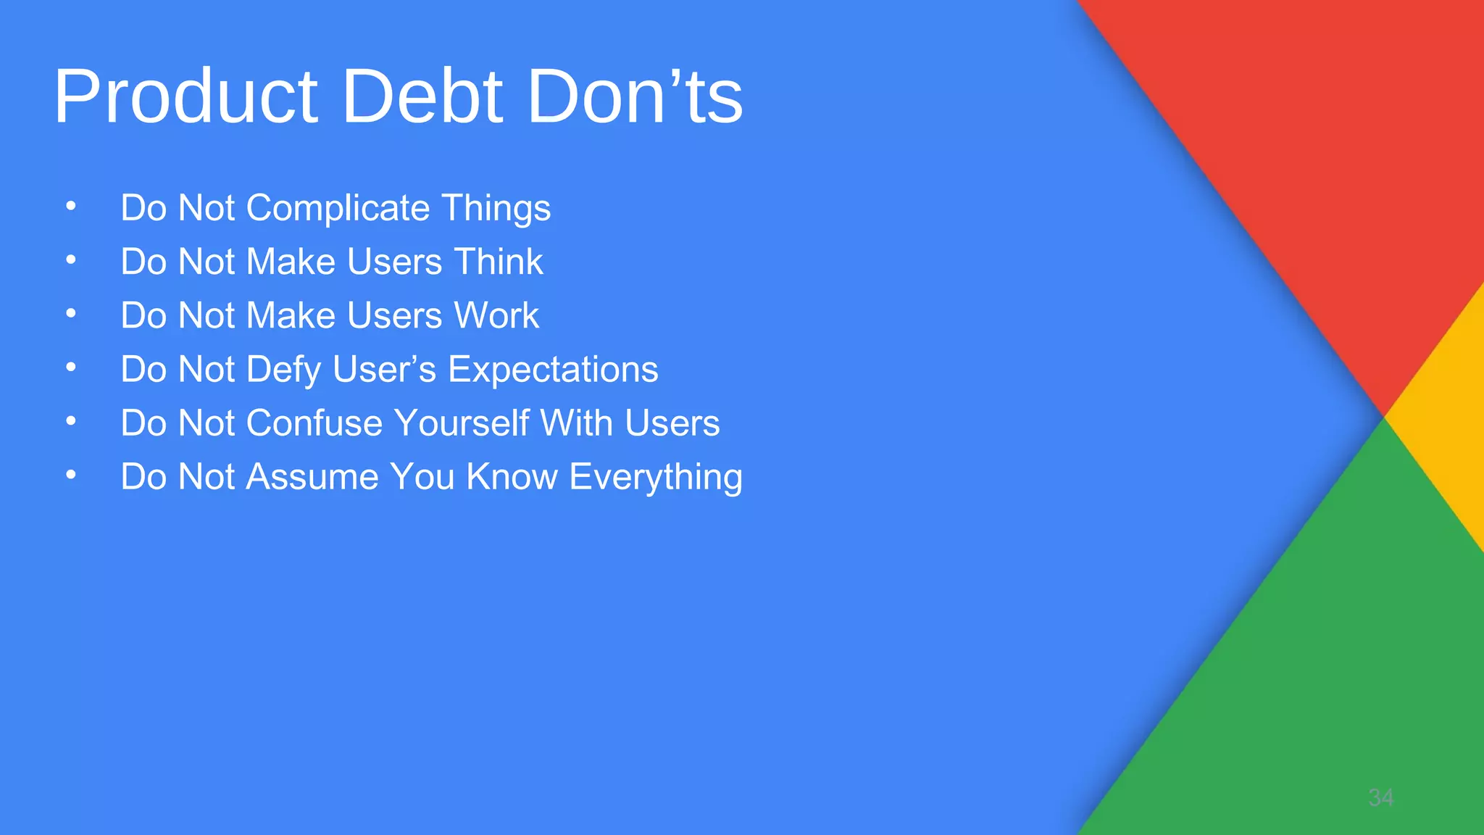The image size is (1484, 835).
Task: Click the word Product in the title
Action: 185,96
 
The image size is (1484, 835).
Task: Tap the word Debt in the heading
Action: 422,96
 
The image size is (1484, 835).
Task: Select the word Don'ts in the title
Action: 635,96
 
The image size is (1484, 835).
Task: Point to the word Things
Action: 496,209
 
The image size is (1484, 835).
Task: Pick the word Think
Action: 498,262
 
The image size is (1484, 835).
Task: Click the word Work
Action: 496,316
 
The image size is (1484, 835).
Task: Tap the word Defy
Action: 283,370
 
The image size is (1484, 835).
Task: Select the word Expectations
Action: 553,370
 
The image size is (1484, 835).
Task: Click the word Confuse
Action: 314,423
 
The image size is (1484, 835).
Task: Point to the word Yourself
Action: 462,423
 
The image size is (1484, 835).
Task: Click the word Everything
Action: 656,477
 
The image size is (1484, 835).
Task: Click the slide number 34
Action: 1380,798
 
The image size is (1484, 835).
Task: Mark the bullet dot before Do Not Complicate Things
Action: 70,207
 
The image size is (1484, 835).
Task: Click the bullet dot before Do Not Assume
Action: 70,475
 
